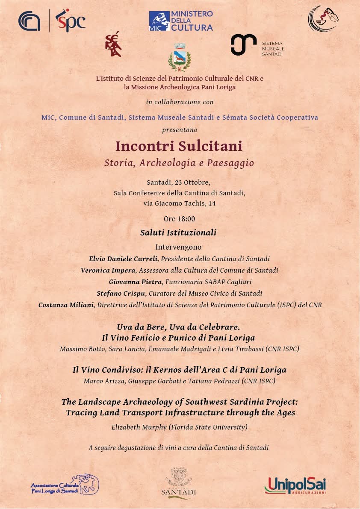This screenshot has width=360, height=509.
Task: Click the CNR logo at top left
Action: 30,21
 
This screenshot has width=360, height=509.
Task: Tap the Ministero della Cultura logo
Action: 181,21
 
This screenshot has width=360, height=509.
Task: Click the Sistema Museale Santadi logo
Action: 257,45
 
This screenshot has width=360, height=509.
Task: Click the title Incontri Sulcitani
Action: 179,146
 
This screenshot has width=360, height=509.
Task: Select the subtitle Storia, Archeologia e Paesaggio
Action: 179,163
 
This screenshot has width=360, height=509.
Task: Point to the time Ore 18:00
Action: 179,219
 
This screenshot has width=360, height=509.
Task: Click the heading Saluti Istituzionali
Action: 178,233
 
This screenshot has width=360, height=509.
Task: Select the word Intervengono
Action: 178,247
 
